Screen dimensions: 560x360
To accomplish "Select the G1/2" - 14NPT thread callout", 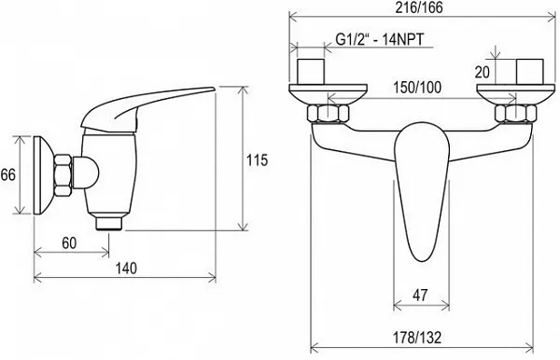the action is [x=380, y=39].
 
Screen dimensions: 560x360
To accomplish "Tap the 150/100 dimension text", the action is [x=417, y=88].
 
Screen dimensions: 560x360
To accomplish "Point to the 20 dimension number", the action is [x=483, y=73].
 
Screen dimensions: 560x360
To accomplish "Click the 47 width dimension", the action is [x=420, y=295].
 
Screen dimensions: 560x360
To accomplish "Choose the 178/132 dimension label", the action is [x=417, y=338].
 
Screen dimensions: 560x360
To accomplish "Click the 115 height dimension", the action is [x=258, y=160].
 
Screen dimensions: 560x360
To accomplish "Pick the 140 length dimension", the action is [x=126, y=269].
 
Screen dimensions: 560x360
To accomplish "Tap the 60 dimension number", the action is [x=69, y=243].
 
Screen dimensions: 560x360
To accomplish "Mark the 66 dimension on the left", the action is [x=7, y=174].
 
